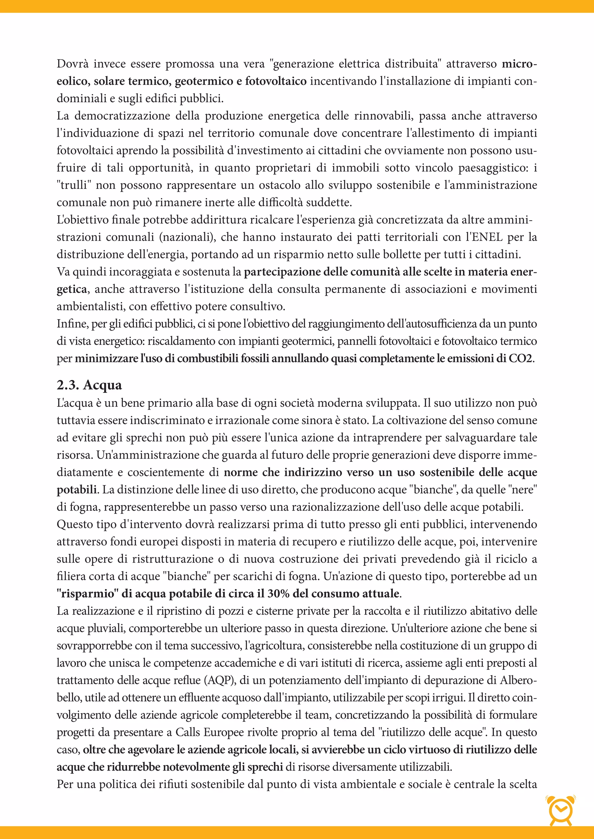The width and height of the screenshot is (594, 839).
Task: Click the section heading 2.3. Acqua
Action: tap(89, 385)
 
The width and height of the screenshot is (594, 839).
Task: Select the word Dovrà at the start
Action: tap(73, 64)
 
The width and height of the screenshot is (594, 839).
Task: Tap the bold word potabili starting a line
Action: tap(77, 490)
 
